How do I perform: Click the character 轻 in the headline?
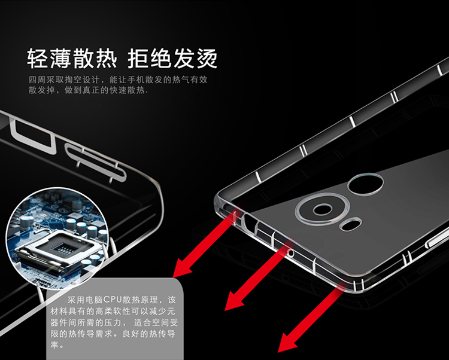coord(38,59)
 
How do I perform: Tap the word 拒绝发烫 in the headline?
coord(172,59)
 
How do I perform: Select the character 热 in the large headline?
coord(107,59)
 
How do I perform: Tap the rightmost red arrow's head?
coord(289,342)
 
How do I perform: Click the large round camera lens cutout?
coord(323,209)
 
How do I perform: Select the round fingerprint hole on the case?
coord(365,184)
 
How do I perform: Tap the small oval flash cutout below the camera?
coord(351,224)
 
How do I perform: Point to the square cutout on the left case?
coord(33,136)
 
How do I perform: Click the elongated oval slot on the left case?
coord(95,161)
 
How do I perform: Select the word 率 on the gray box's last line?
coord(54,345)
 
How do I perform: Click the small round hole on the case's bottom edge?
coord(290,253)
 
